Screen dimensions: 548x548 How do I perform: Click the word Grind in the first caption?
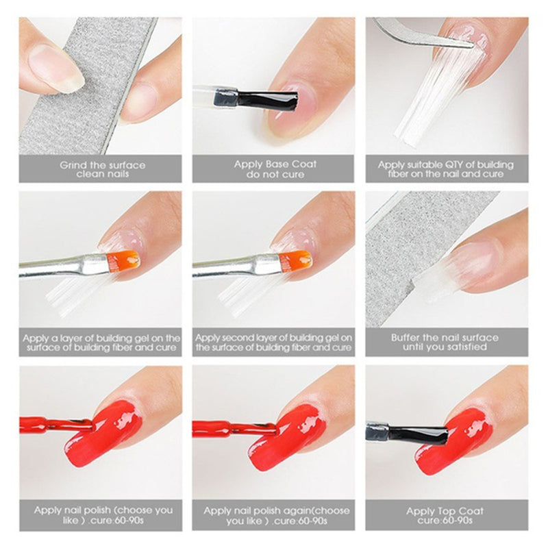click(x=73, y=164)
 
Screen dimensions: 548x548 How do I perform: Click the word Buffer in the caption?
click(x=408, y=338)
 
